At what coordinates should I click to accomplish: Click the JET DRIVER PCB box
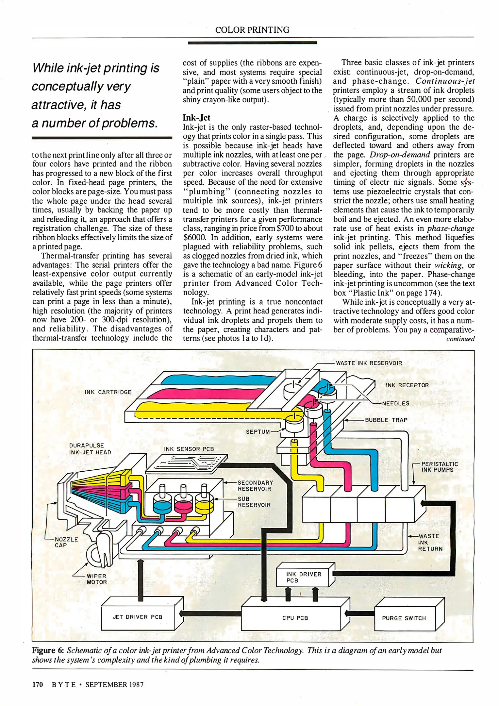point(138,617)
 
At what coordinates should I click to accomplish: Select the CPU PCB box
point(295,618)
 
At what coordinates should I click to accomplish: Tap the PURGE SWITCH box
point(404,618)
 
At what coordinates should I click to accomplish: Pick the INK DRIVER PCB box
point(304,577)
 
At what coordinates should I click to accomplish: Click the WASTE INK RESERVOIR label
point(369,363)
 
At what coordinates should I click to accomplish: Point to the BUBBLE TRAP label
point(386,420)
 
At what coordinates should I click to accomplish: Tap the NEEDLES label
point(395,403)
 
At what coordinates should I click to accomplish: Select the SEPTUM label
point(258,432)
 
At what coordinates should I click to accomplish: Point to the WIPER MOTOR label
point(97,579)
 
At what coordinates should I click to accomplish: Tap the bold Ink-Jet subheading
point(196,118)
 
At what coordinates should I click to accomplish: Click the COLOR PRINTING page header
point(252,30)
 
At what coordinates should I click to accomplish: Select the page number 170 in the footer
point(38,684)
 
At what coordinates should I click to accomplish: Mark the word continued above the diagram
point(460,339)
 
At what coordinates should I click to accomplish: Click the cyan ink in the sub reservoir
point(162,506)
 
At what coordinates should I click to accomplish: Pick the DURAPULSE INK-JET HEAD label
point(90,449)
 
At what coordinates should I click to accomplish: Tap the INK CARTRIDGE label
point(108,392)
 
